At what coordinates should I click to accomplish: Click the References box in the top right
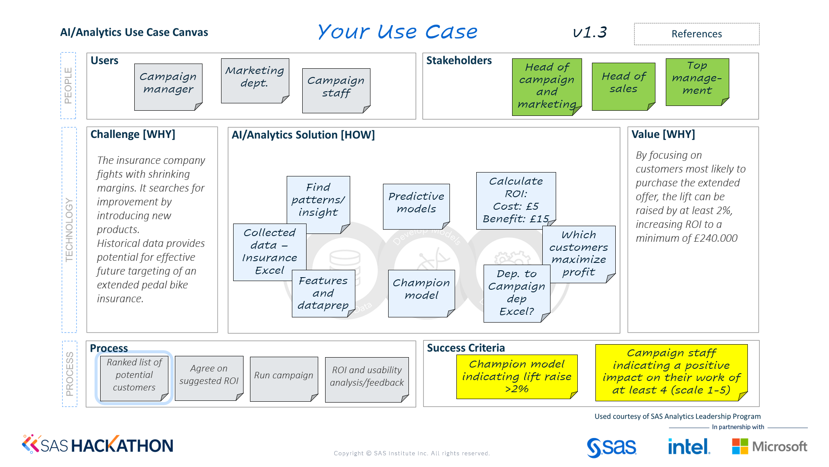(696, 34)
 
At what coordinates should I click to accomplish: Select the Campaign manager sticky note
(168, 86)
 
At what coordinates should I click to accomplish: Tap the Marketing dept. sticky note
(255, 80)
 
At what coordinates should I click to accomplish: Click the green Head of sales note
(623, 86)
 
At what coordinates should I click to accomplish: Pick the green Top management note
(697, 81)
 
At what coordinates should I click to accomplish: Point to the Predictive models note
(416, 205)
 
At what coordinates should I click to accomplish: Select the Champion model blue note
(421, 293)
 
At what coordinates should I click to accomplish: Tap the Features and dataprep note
(323, 293)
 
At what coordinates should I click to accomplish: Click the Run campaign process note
(284, 378)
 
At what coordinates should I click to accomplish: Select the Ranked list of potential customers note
(134, 377)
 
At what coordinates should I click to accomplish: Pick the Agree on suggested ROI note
(209, 377)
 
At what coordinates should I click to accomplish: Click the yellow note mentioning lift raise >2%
(516, 376)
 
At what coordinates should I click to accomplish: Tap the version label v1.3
(590, 32)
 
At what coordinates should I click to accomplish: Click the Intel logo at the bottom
(688, 446)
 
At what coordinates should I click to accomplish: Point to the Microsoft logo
(769, 446)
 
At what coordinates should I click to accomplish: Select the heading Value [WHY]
(663, 134)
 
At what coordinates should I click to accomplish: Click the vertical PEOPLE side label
(68, 86)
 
